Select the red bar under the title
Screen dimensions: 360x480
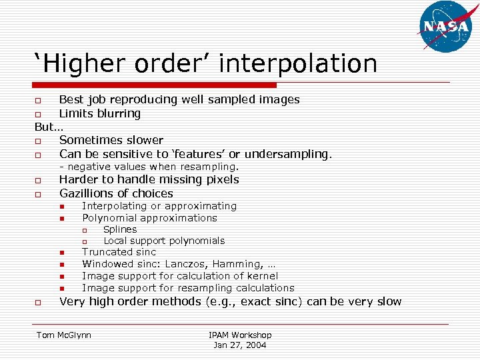pyautogui.click(x=155, y=85)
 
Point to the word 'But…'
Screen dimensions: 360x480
pyautogui.click(x=49, y=127)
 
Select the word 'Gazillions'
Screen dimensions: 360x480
pyautogui.click(x=87, y=193)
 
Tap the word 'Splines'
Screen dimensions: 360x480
pyautogui.click(x=120, y=229)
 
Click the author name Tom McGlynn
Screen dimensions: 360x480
pyautogui.click(x=64, y=335)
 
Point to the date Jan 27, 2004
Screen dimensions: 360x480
pyautogui.click(x=239, y=345)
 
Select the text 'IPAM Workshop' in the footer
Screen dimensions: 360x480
pyautogui.click(x=240, y=335)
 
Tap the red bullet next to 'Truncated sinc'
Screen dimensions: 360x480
pyautogui.click(x=60, y=253)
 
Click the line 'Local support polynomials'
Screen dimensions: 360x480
pyautogui.click(x=164, y=241)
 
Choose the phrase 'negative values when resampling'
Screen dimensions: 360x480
pyautogui.click(x=153, y=167)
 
